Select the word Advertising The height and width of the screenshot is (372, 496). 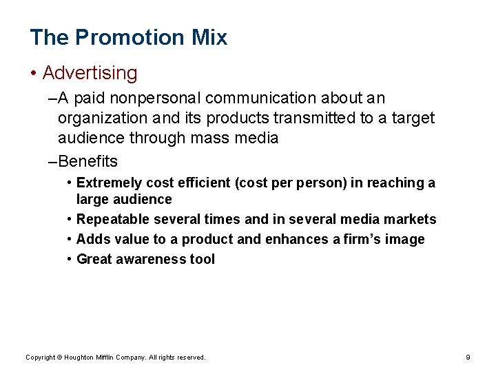[x=90, y=72]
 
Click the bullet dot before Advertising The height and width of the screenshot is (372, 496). [x=34, y=73]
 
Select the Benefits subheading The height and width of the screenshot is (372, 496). [x=88, y=162]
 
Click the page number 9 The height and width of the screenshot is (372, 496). [x=468, y=357]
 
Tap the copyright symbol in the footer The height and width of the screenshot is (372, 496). [x=59, y=357]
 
